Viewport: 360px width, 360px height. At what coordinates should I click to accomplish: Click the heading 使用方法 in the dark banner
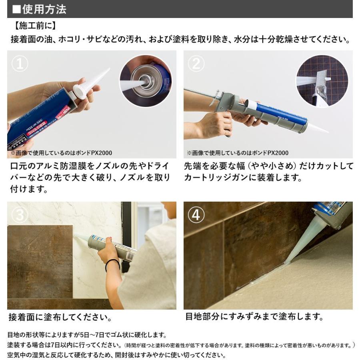[44, 10]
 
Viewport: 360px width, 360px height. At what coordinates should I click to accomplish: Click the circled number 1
[20, 64]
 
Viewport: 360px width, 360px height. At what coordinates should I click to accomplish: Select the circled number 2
[196, 64]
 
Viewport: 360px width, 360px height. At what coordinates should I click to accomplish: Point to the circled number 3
[20, 215]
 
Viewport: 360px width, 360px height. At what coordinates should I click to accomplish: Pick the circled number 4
[196, 215]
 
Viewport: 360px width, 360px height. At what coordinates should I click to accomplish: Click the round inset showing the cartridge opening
[146, 81]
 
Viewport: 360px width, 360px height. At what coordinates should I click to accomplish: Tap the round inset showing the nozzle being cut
[322, 81]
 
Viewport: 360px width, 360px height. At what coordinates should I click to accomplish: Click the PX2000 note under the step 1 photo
[61, 153]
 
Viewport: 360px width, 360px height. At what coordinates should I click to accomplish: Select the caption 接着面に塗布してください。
[60, 317]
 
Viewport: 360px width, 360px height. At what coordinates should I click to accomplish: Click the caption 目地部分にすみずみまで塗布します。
[254, 317]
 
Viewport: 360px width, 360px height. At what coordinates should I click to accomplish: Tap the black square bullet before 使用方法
[16, 10]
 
